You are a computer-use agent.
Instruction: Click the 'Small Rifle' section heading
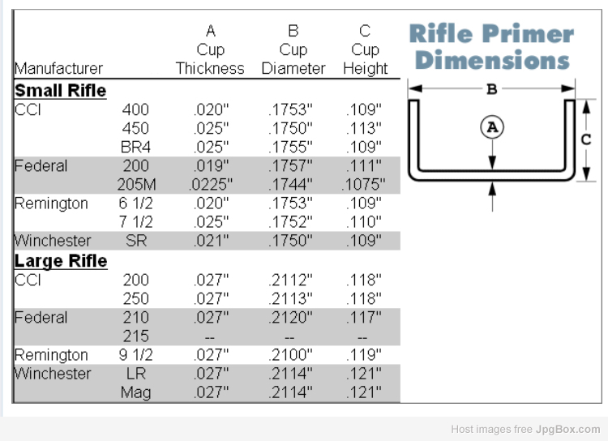pos(61,91)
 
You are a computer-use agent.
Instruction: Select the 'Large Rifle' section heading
pos(61,261)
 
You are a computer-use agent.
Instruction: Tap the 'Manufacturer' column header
pos(58,69)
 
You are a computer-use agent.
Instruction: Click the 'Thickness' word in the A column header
pos(210,69)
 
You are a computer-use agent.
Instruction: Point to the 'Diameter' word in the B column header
pos(293,69)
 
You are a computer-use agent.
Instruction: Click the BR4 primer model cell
pos(135,148)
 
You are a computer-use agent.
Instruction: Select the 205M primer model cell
pos(136,185)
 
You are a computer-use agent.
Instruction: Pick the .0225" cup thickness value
pos(211,185)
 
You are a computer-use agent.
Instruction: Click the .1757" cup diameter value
pos(290,166)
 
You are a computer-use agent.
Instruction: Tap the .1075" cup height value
pos(363,185)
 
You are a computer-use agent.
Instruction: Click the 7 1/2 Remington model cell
pos(135,222)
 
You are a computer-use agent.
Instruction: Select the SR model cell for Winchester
pos(136,241)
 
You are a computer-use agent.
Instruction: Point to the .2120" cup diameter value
pos(290,318)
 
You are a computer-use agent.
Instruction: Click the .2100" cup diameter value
pos(290,355)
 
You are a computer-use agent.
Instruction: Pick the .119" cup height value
pos(364,355)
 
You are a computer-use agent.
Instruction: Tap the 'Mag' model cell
pos(135,392)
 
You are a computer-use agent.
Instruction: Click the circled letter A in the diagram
pos(492,127)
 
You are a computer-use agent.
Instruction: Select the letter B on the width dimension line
pos(492,90)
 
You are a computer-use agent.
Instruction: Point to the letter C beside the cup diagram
pos(586,139)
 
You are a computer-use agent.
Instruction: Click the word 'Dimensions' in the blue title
pos(492,60)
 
